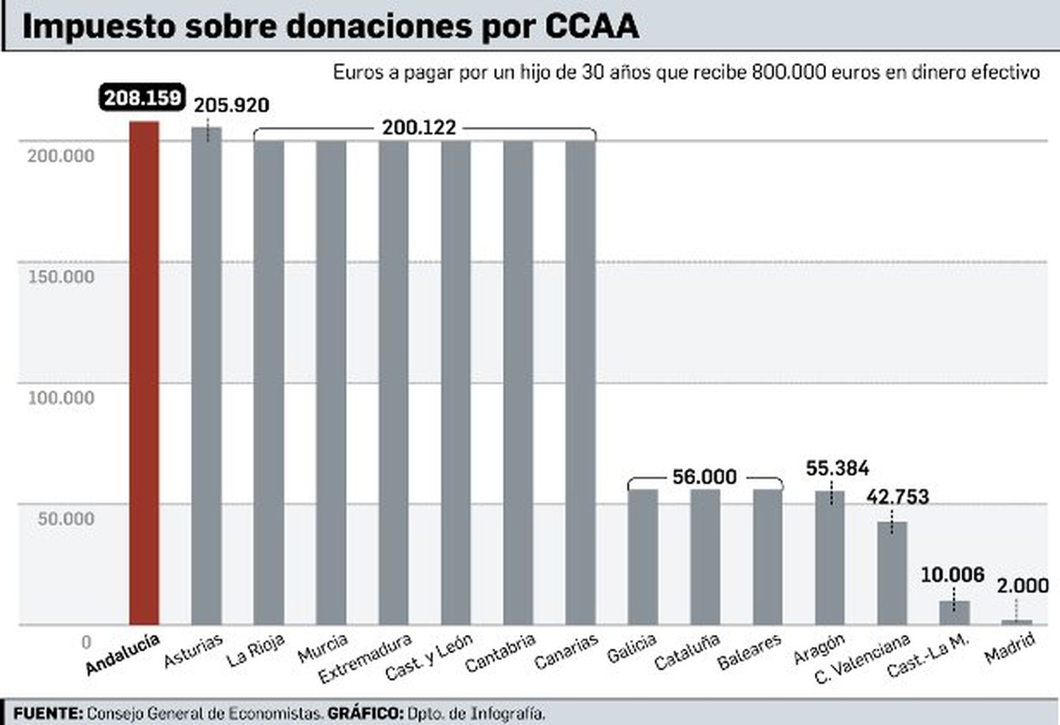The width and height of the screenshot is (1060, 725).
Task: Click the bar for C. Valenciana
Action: (892, 573)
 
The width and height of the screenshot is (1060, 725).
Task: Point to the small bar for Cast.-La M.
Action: (954, 612)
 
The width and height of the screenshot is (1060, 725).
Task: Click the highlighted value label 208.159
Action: (142, 98)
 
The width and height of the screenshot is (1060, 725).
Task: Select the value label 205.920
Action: (231, 105)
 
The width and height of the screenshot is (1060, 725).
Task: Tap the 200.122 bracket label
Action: (419, 127)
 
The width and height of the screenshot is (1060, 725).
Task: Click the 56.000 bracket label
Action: (704, 477)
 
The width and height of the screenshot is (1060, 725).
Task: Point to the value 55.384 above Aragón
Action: (837, 469)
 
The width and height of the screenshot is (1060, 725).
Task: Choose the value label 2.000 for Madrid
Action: (1022, 586)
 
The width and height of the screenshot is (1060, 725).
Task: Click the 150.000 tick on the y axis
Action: (61, 277)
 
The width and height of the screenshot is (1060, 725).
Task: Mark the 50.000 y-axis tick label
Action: (66, 519)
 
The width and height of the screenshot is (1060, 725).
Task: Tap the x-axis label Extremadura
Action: (364, 658)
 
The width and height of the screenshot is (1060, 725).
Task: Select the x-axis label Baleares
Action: (749, 652)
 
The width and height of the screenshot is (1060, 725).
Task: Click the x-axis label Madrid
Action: (1009, 648)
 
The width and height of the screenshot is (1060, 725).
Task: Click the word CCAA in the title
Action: (592, 26)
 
